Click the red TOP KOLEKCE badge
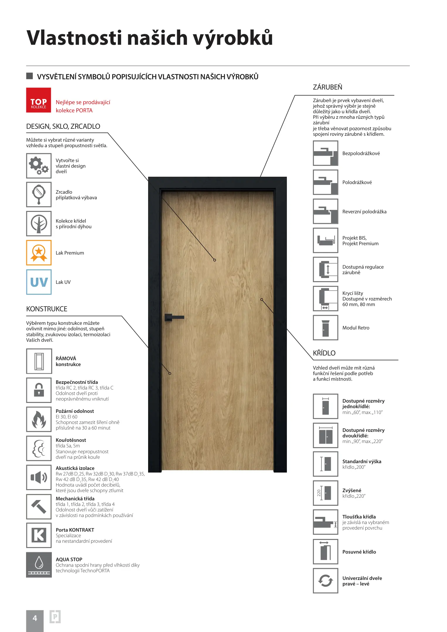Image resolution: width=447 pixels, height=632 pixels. [x=39, y=100]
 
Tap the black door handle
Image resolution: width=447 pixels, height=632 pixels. [x=174, y=317]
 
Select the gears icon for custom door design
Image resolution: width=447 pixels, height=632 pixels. [x=39, y=166]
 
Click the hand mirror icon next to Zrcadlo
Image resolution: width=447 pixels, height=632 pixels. [x=39, y=195]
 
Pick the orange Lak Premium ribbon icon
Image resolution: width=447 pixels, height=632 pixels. [x=39, y=253]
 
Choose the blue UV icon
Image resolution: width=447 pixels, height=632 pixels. [x=39, y=282]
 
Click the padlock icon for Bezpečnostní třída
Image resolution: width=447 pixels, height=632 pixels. [x=39, y=390]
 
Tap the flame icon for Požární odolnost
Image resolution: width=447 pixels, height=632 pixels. [x=39, y=419]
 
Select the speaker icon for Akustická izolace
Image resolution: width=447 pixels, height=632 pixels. [x=39, y=478]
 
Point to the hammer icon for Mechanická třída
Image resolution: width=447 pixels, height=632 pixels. [x=39, y=506]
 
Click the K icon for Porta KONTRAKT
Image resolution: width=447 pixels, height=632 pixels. [x=39, y=535]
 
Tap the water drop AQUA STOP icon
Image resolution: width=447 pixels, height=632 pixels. [x=39, y=564]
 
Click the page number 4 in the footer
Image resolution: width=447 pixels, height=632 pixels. [x=35, y=618]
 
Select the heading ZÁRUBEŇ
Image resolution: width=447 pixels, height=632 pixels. [x=327, y=87]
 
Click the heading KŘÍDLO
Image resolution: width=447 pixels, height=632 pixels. [x=324, y=353]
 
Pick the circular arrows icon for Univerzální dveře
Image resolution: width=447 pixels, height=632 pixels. [x=326, y=581]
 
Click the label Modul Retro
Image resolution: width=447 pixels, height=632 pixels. [x=356, y=328]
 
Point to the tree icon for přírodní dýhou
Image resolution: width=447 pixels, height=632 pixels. [x=39, y=224]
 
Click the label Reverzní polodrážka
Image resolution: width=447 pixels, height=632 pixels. [x=364, y=212]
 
